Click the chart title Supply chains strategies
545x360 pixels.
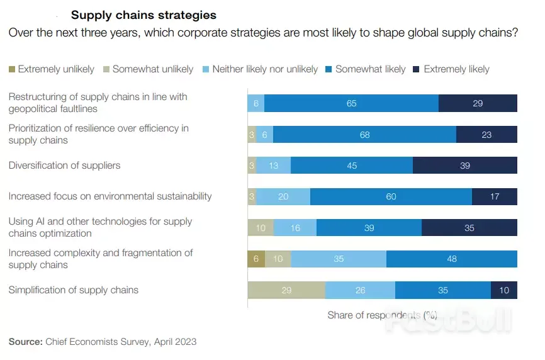coord(143,15)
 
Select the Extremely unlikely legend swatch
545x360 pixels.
coord(12,69)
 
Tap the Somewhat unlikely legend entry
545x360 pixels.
coord(153,69)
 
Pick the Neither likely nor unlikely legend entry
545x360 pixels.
coord(265,69)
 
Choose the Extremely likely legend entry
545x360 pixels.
coord(456,69)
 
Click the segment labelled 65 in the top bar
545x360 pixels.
coord(351,103)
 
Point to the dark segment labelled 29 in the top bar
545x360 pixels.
coord(478,103)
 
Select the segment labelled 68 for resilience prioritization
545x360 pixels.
coord(364,134)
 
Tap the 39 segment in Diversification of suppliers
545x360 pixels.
coord(464,166)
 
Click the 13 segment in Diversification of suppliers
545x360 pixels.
coord(274,166)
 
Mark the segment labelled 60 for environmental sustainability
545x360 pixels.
coord(391,196)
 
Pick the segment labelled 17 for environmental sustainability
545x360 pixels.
coord(494,196)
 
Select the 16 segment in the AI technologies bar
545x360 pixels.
coord(295,228)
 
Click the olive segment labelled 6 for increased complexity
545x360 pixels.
coord(256,259)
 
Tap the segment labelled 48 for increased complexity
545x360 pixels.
coord(451,259)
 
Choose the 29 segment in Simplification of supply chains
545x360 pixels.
coord(286,290)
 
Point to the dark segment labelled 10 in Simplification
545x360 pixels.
coord(503,290)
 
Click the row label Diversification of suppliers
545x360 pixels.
coord(64,166)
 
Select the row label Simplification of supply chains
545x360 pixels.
coord(73,290)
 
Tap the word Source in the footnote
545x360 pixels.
coord(25,342)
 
